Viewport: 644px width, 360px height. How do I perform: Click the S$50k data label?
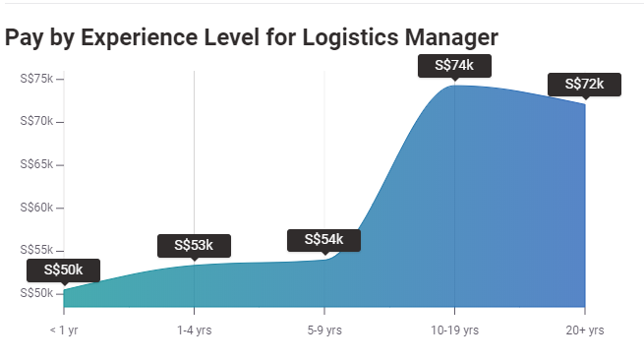click(x=64, y=270)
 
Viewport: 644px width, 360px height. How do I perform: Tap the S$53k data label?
click(x=194, y=245)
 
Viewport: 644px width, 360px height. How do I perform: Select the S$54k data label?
click(x=323, y=240)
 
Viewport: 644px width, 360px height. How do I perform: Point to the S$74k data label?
click(x=454, y=66)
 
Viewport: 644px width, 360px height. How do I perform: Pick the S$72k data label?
click(x=584, y=85)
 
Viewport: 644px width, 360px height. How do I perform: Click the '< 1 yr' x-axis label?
click(x=64, y=330)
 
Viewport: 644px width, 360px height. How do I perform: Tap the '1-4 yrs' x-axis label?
click(x=194, y=330)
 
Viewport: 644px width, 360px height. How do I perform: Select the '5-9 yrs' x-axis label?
click(x=323, y=330)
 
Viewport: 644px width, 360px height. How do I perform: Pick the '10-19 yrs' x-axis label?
click(x=454, y=330)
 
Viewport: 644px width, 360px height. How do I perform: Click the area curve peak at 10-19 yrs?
click(x=454, y=87)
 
